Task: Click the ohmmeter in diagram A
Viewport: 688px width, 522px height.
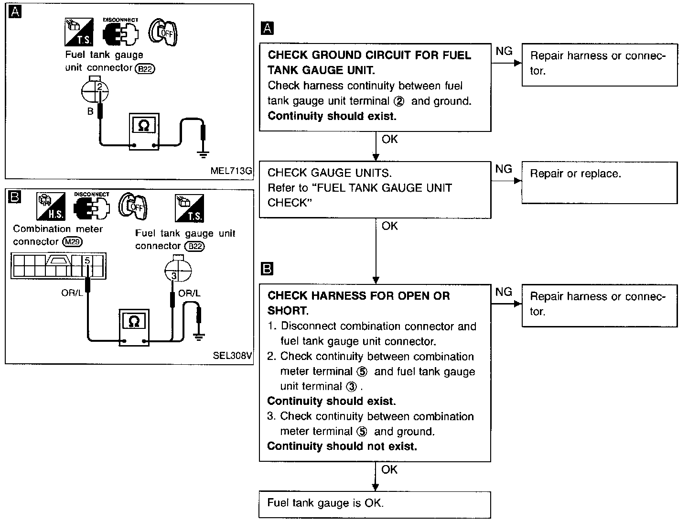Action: [x=144, y=131]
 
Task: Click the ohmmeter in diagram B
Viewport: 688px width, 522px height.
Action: [x=134, y=327]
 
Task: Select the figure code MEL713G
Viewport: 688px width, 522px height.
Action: [x=231, y=171]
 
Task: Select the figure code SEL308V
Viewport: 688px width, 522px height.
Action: [x=232, y=355]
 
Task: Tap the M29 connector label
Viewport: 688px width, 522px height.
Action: [x=73, y=242]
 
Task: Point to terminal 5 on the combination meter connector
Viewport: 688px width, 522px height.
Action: [x=87, y=261]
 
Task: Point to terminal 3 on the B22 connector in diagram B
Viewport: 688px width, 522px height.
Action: [x=173, y=275]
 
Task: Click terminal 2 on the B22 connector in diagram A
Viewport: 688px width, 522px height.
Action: [x=99, y=87]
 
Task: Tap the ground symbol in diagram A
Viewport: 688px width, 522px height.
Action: [x=203, y=153]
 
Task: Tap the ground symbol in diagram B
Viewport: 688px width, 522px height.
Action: [x=199, y=337]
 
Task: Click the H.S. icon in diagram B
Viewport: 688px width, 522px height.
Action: [x=51, y=207]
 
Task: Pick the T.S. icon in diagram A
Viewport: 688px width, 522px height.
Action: [x=79, y=32]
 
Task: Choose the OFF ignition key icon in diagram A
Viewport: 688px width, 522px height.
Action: [x=163, y=32]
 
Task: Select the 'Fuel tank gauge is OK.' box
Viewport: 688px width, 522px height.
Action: [x=375, y=504]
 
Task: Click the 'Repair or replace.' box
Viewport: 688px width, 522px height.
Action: [x=600, y=183]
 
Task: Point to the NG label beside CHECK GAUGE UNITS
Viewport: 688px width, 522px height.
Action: [x=504, y=169]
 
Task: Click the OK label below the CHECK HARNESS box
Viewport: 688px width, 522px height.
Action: [x=389, y=469]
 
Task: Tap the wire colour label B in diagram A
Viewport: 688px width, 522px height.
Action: [x=90, y=111]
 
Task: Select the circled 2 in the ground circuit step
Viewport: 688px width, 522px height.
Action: [x=398, y=101]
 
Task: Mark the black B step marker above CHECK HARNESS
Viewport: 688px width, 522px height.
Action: [x=267, y=269]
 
